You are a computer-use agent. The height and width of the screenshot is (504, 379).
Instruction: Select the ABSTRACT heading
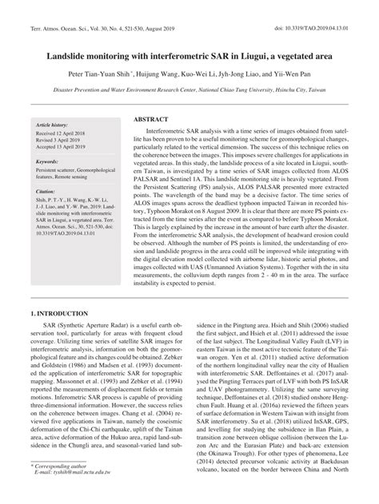coord(155,117)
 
